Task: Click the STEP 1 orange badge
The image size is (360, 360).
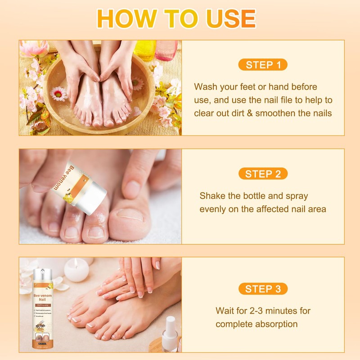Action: point(263,65)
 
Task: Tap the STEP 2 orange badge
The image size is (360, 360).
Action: point(263,174)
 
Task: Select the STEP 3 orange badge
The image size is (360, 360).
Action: point(263,288)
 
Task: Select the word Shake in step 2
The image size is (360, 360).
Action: point(211,196)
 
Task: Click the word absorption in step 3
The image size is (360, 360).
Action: point(277,324)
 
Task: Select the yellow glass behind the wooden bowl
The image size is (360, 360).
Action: point(144,49)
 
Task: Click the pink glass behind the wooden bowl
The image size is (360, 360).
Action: point(166,50)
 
